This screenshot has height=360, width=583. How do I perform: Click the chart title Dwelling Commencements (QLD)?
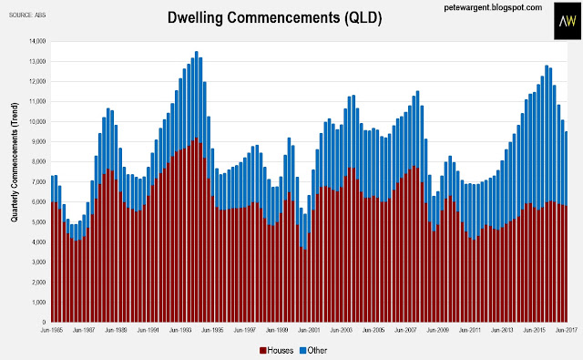[x=274, y=17]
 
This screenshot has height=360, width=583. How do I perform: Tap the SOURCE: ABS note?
[x=27, y=15]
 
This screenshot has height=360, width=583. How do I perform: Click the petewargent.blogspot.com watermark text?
[x=493, y=7]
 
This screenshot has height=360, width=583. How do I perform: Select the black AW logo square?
[x=567, y=21]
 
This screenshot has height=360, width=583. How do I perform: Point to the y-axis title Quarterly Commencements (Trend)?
[x=15, y=162]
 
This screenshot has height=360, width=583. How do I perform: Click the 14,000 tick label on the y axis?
[x=37, y=41]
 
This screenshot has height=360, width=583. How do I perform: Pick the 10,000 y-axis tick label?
[x=37, y=121]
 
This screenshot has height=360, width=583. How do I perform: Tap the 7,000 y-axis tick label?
[x=38, y=182]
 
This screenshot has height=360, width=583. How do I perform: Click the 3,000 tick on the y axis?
[x=38, y=262]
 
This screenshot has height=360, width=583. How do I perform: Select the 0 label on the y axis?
[x=44, y=323]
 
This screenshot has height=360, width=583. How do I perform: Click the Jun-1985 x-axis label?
[x=52, y=330]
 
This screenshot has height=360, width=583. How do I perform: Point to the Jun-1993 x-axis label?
[x=180, y=330]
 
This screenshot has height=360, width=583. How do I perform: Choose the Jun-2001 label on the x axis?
[x=309, y=330]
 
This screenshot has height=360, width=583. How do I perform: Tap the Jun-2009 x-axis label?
[x=437, y=330]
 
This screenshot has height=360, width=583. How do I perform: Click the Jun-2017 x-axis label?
[x=567, y=330]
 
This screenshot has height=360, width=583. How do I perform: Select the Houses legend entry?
[x=276, y=350]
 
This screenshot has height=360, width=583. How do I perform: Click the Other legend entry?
[x=313, y=350]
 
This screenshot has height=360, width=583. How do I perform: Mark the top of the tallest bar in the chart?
[x=197, y=52]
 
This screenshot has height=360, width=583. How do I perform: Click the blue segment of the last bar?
[x=567, y=169]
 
